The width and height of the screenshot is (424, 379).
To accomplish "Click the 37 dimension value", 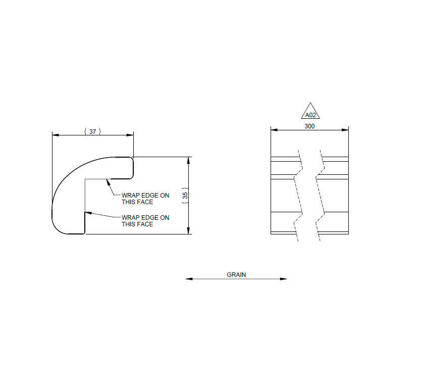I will point(92,131).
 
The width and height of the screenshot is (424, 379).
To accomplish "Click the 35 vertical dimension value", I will point(185,196).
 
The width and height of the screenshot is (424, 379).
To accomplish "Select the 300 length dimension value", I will point(309,126).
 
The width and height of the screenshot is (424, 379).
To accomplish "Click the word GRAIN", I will point(236,275).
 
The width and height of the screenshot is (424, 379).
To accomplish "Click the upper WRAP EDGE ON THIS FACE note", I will point(145,198).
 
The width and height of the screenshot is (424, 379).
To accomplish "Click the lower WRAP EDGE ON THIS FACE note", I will point(145,221).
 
